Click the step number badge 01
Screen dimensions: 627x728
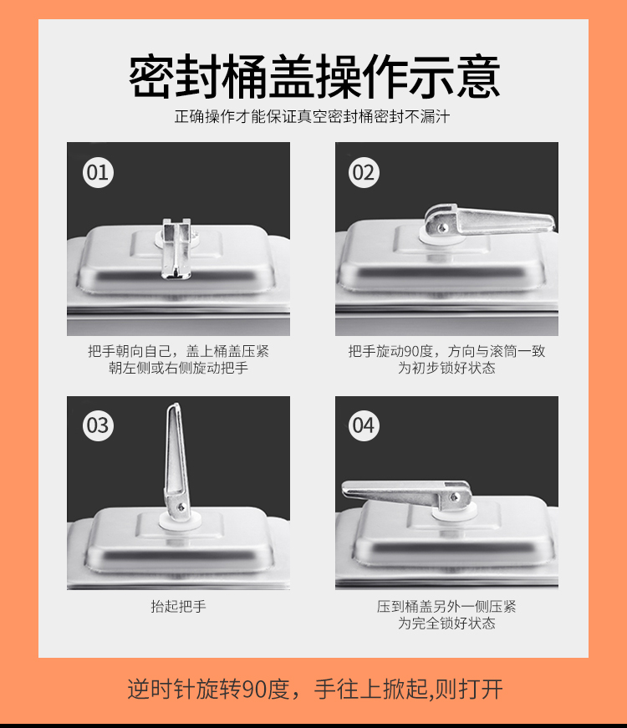[x=98, y=173]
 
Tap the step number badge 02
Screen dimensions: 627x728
[x=364, y=173]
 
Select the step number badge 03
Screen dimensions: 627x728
[x=98, y=425]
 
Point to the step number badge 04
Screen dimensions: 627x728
[x=364, y=425]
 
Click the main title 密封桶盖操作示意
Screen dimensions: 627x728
[x=314, y=76]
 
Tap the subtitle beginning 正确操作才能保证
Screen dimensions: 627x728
[x=312, y=116]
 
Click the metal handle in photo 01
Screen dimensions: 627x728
[x=176, y=248]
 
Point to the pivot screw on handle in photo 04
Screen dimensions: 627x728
[x=454, y=497]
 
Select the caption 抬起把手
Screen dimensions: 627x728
[x=178, y=606]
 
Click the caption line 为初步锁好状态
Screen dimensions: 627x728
[x=446, y=368]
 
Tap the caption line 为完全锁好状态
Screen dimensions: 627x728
[x=446, y=623]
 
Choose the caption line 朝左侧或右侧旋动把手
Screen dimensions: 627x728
[x=178, y=368]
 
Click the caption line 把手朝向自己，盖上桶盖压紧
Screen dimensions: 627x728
[x=178, y=351]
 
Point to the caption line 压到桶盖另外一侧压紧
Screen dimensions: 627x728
[x=446, y=606]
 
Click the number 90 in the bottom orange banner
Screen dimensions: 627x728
[x=254, y=689]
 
